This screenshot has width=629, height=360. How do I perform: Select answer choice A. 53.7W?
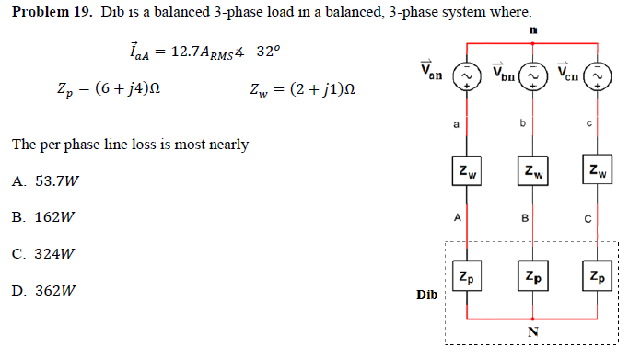click(x=44, y=181)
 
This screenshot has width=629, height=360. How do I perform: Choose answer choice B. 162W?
click(x=42, y=218)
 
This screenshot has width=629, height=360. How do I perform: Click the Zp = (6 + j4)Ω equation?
click(x=109, y=89)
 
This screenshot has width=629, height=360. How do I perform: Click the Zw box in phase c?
click(x=600, y=171)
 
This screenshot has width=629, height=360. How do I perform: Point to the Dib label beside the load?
click(x=426, y=296)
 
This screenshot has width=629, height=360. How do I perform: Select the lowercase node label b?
click(x=522, y=122)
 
